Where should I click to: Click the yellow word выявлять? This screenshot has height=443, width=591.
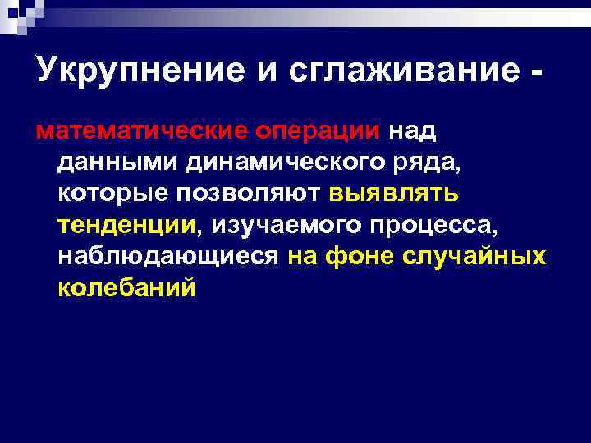(x=394, y=194)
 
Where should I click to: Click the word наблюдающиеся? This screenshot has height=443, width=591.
(x=168, y=257)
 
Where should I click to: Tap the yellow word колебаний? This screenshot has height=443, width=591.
(x=127, y=288)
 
